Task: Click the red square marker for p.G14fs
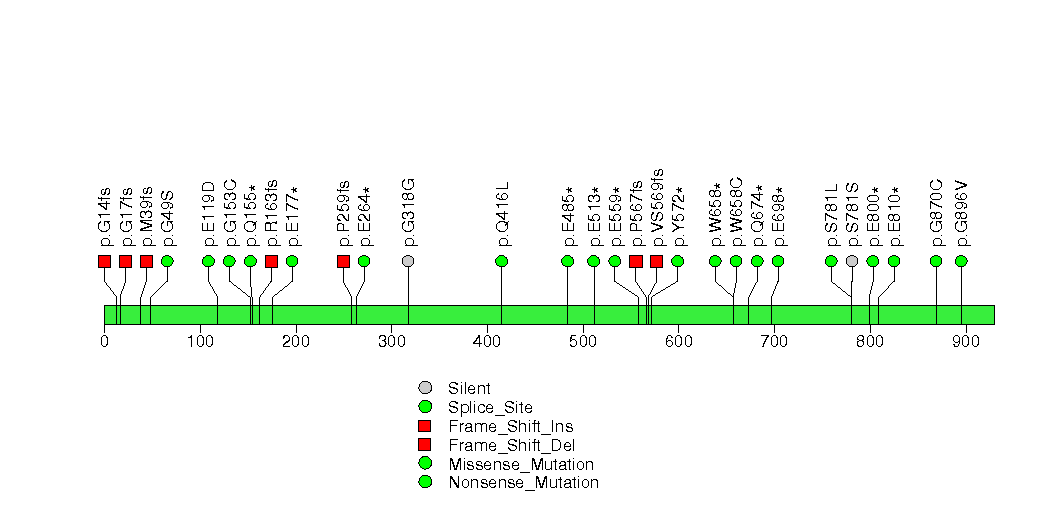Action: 104,261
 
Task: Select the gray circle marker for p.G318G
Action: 409,261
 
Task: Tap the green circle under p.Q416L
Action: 501,261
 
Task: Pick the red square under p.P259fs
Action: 343,261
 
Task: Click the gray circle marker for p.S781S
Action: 851,261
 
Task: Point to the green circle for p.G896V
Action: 961,261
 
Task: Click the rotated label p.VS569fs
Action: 657,208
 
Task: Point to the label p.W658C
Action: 736,212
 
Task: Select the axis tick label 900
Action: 965,342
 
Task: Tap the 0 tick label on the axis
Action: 104,342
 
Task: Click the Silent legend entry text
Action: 469,388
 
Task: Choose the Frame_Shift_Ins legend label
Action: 511,427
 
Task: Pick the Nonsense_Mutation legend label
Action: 524,483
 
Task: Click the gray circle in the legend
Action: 425,388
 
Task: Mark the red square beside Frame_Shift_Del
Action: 425,445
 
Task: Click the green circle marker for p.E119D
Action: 208,261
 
